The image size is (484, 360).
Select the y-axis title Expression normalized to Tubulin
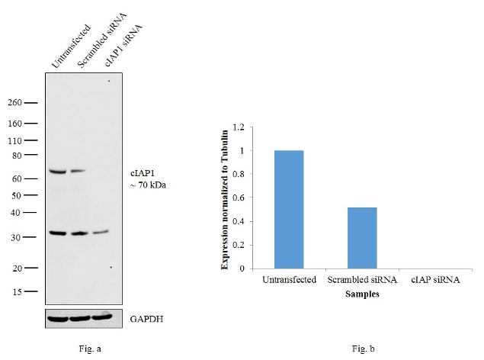[225, 198]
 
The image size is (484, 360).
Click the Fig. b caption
[358, 349]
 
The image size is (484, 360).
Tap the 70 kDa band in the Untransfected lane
[58, 172]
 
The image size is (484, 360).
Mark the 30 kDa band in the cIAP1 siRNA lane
[101, 232]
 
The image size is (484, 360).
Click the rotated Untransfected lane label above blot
[71, 47]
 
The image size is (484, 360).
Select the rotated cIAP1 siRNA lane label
[123, 45]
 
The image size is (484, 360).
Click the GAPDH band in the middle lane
[79, 317]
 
